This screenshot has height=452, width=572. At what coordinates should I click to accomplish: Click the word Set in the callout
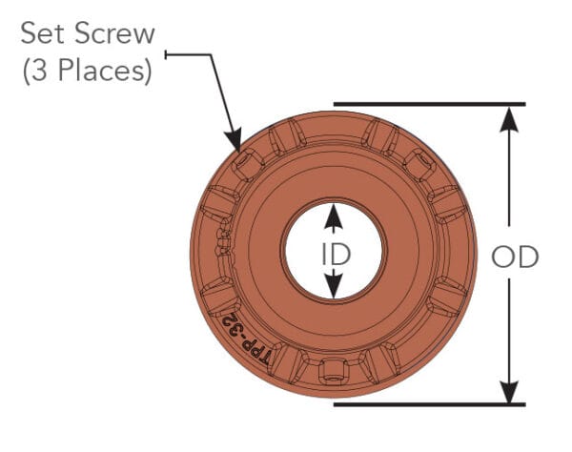click(42, 34)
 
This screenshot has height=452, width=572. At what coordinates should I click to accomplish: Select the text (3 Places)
click(87, 72)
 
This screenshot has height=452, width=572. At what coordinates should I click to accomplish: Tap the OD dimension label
click(515, 257)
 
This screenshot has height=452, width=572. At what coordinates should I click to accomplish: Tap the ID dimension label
click(333, 253)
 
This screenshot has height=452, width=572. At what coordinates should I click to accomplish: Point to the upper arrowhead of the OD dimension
click(511, 116)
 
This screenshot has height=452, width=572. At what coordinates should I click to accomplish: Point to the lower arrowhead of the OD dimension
click(511, 391)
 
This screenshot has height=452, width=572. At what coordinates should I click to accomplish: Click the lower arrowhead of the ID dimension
click(333, 287)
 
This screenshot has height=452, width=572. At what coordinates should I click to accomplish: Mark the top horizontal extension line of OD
click(429, 103)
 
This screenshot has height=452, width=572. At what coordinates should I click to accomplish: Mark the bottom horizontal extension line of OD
click(429, 404)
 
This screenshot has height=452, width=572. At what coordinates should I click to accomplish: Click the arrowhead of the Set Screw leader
click(235, 146)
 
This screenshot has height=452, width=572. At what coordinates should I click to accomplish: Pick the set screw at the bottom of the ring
click(334, 370)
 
